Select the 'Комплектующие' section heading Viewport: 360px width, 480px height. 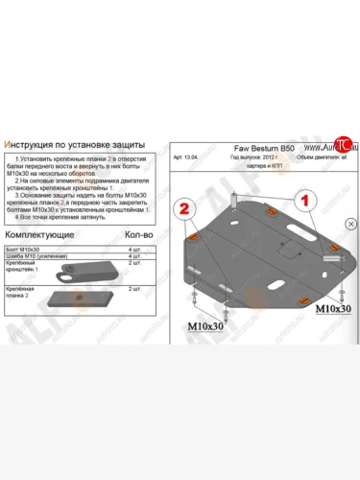pyautogui.click(x=43, y=233)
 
